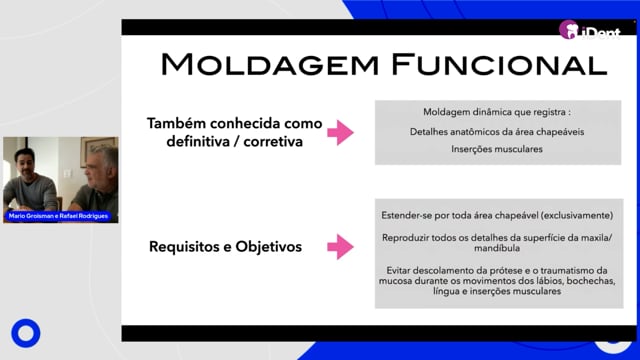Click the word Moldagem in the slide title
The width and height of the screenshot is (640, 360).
tap(269, 64)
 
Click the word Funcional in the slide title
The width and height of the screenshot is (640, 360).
tap(500, 64)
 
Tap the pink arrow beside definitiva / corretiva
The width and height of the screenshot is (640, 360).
tap(340, 132)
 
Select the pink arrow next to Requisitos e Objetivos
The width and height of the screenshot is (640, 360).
tap(340, 247)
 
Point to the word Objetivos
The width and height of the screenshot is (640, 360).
tap(269, 247)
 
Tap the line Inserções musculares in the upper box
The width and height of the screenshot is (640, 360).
tap(497, 149)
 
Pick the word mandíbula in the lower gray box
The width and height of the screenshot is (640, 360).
tap(497, 248)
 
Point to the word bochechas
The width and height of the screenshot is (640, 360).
tap(591, 281)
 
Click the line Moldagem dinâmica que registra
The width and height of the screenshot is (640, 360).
tap(497, 112)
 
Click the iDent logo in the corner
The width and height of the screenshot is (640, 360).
tap(589, 30)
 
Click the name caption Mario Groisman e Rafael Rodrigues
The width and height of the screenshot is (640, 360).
tap(58, 216)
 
